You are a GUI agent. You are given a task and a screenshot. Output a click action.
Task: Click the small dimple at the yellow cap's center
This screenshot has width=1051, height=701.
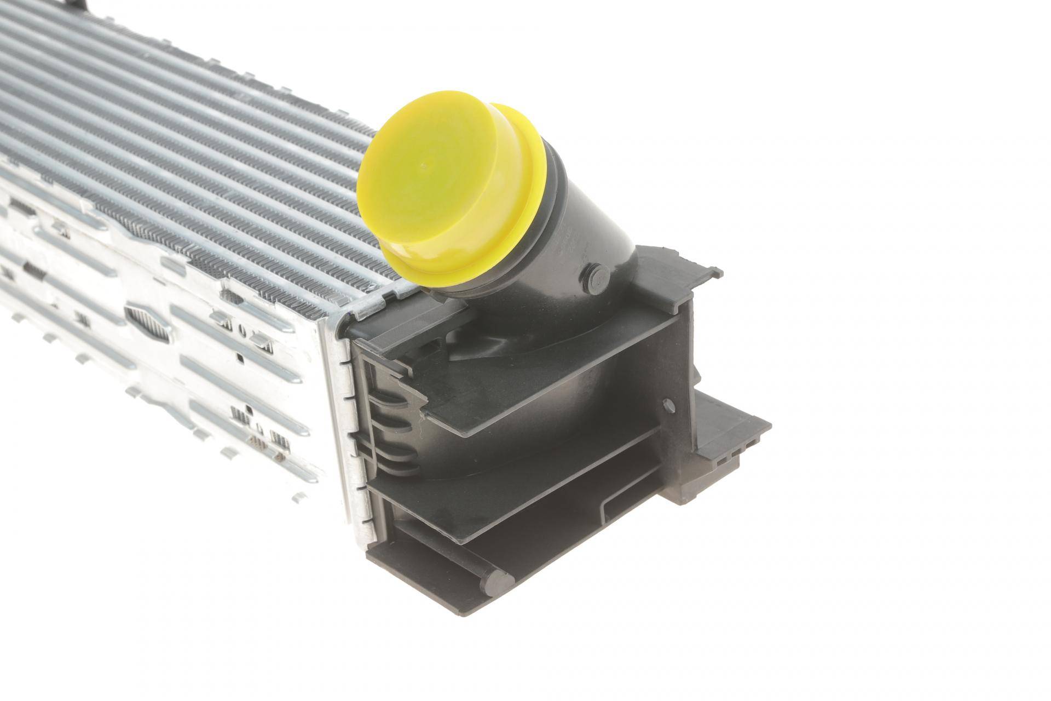[425, 163]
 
